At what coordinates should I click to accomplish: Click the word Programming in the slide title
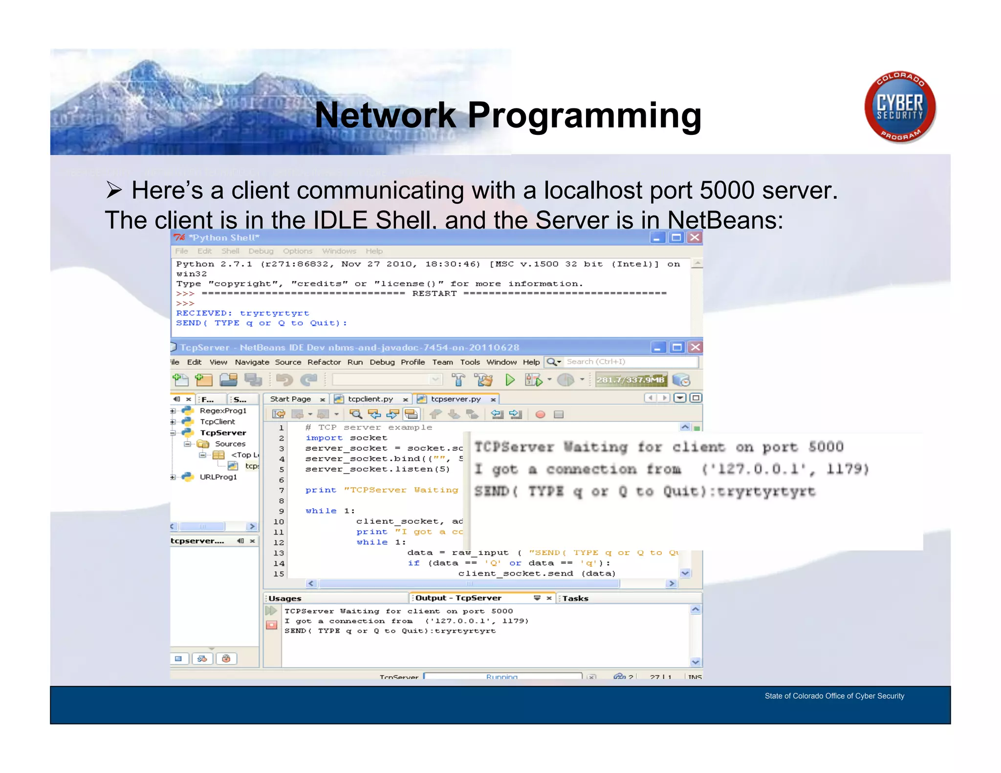click(584, 115)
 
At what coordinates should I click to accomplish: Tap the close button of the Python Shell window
click(695, 237)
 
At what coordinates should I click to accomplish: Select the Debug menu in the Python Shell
click(261, 251)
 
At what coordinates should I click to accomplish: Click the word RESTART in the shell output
click(434, 294)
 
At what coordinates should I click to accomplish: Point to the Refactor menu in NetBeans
click(324, 362)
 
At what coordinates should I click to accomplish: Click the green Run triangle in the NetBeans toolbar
click(509, 380)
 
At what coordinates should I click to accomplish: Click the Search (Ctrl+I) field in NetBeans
click(631, 362)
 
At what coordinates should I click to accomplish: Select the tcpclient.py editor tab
click(370, 399)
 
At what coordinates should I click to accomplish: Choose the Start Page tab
click(290, 399)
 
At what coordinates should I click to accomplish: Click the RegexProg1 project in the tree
click(223, 410)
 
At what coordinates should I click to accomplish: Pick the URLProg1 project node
click(218, 477)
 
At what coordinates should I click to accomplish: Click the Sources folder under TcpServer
click(230, 444)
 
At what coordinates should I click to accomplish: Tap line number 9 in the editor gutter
click(281, 511)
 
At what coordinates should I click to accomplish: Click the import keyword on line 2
click(324, 438)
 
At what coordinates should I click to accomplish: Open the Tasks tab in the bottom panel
click(575, 598)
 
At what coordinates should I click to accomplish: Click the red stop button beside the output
click(271, 625)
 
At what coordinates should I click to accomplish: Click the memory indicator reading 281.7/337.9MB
click(630, 380)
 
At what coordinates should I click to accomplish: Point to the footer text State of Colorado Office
click(834, 696)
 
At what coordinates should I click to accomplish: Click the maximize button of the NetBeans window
click(676, 347)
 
